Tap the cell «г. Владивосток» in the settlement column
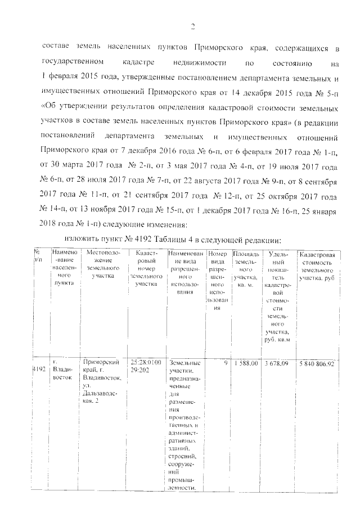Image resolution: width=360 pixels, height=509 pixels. (x=61, y=369)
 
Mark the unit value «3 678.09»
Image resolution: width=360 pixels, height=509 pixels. (x=277, y=363)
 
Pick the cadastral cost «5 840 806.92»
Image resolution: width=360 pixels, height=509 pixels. (x=318, y=363)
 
